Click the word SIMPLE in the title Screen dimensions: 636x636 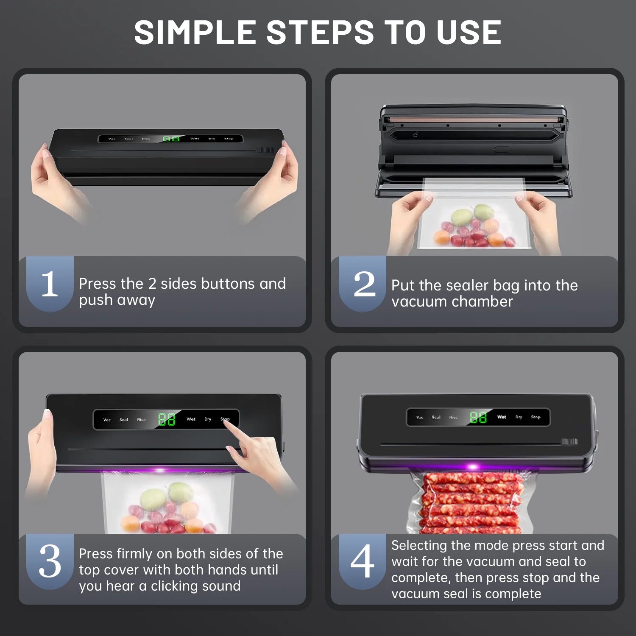pyautogui.click(x=195, y=33)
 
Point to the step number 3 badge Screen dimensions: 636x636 pyautogui.click(x=50, y=561)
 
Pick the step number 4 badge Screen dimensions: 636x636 pyautogui.click(x=363, y=561)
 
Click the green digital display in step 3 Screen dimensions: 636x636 pyautogui.click(x=167, y=419)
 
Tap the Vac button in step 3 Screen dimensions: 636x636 pyautogui.click(x=107, y=420)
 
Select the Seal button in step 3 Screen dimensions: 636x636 pyautogui.click(x=123, y=420)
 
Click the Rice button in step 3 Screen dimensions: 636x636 pyautogui.click(x=141, y=420)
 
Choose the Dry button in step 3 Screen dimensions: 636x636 pyautogui.click(x=208, y=419)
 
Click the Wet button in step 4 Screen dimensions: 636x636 pyautogui.click(x=502, y=417)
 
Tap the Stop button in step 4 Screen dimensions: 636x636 pyautogui.click(x=536, y=417)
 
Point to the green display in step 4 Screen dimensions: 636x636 pyautogui.click(x=478, y=418)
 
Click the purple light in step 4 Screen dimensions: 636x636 pyautogui.click(x=472, y=467)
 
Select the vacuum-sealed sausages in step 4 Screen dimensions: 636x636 pyautogui.click(x=471, y=502)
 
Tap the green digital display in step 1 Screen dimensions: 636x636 pyautogui.click(x=171, y=139)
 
